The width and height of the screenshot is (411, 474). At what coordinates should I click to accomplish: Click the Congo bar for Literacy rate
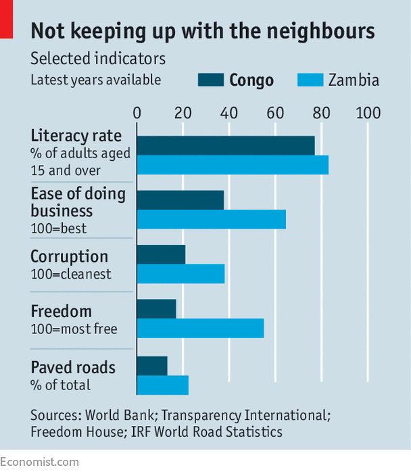[x=226, y=145]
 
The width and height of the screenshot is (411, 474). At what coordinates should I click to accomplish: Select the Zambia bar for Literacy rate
[x=233, y=165]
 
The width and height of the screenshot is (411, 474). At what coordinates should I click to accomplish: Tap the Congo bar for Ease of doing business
[x=180, y=200]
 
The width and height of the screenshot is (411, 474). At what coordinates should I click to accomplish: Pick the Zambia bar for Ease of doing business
[x=211, y=220]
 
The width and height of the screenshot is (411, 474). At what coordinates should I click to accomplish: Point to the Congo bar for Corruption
[x=161, y=254]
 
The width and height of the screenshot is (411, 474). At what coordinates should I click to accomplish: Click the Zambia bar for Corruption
[x=180, y=274]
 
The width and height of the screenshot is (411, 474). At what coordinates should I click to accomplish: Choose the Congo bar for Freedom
[x=156, y=309]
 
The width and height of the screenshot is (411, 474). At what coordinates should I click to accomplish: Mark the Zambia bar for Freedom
[x=200, y=329]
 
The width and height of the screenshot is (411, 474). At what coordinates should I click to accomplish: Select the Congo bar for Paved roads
[x=152, y=366]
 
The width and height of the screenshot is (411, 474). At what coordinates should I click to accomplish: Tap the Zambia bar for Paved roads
[x=162, y=385]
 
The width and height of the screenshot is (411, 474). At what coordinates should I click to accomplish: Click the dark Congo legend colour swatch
[x=210, y=80]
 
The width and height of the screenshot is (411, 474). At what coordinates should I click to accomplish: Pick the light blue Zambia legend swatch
[x=310, y=80]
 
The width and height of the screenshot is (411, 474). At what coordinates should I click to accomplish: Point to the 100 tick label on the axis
[x=369, y=112]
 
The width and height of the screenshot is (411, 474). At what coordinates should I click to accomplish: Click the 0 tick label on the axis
[x=137, y=112]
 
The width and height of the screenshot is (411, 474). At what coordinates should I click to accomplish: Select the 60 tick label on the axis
[x=275, y=112]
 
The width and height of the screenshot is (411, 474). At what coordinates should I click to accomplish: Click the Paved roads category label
[x=73, y=368]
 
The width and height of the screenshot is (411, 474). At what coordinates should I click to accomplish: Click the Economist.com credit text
[x=39, y=463]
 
